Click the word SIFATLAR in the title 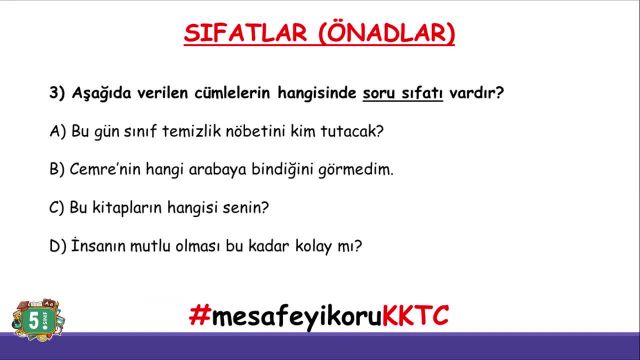coord(236,33)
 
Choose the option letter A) coord(56,131)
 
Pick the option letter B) coord(56,169)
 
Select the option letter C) coord(56,208)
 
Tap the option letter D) coord(56,246)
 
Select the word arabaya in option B coord(217,169)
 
